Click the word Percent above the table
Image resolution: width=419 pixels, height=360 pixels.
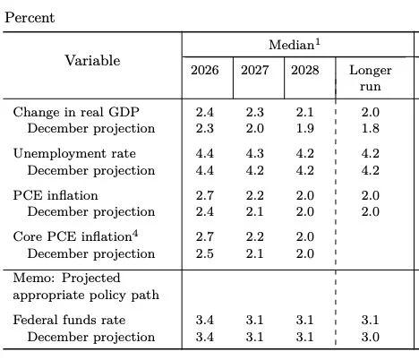click(x=30, y=17)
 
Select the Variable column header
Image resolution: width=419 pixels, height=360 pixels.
click(x=92, y=60)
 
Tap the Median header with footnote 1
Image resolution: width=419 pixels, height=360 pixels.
click(x=296, y=45)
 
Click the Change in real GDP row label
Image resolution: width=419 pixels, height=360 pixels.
click(x=76, y=112)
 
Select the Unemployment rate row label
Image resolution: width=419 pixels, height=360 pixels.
click(x=74, y=154)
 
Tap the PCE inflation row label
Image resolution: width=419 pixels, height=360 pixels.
click(x=56, y=195)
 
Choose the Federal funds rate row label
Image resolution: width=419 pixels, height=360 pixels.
click(x=69, y=320)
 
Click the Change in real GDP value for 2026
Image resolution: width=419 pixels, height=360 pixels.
click(x=205, y=112)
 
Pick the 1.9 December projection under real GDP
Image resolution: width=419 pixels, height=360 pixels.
click(x=306, y=128)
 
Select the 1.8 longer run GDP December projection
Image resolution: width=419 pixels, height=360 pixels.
click(x=370, y=128)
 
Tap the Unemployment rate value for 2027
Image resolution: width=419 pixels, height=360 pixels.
click(x=256, y=154)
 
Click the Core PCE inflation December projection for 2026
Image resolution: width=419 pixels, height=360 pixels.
click(x=205, y=253)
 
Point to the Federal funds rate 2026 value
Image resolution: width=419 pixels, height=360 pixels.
click(x=205, y=320)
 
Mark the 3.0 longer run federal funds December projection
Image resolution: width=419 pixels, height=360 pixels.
click(x=370, y=337)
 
